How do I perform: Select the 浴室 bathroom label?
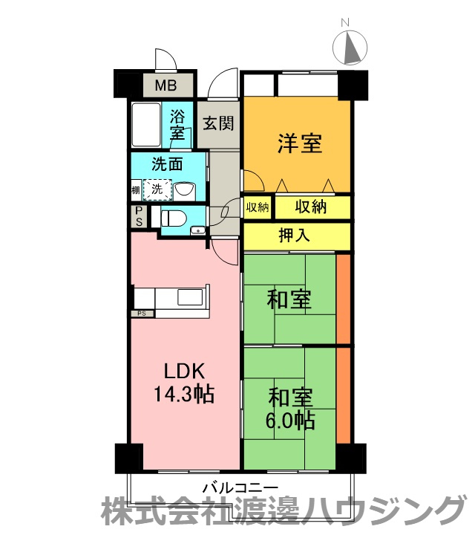[178, 124]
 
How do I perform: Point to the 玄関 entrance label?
[218, 123]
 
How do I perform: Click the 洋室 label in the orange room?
[300, 143]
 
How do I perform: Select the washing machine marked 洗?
[157, 189]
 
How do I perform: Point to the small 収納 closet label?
[258, 207]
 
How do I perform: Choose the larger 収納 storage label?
[310, 207]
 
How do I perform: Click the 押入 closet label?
[295, 236]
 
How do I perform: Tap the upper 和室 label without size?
[289, 300]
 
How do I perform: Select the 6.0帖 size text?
[290, 421]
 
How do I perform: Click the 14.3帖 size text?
[184, 395]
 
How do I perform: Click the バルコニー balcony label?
[240, 487]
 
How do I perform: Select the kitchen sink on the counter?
[190, 298]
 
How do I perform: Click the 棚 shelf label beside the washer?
[136, 190]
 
